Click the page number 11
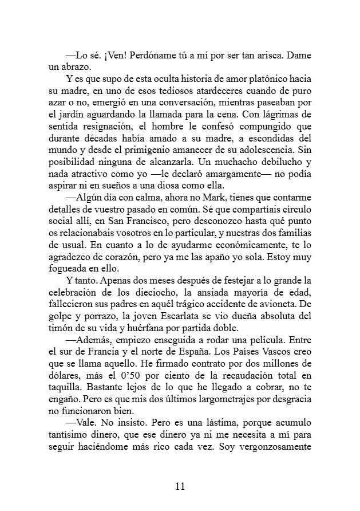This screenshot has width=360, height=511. coord(180,487)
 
